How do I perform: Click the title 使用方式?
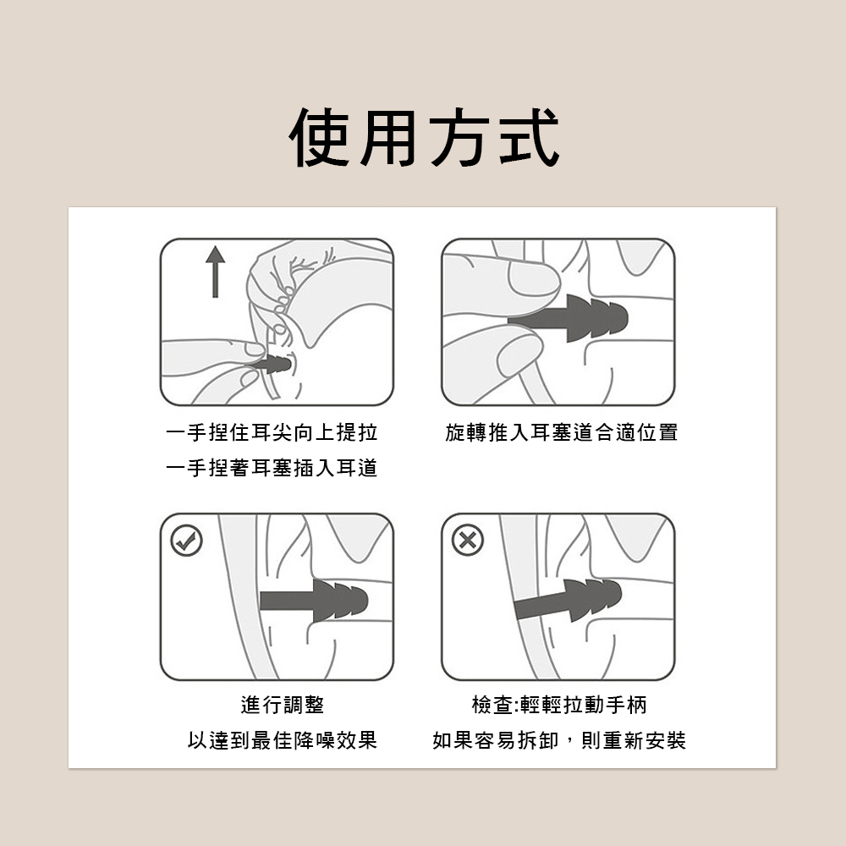click(424, 138)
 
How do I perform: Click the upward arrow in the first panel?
click(215, 272)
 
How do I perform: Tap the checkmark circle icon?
click(187, 540)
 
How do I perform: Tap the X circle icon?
click(467, 540)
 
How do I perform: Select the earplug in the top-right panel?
click(568, 318)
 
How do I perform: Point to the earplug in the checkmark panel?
click(314, 601)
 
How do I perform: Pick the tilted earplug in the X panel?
click(568, 599)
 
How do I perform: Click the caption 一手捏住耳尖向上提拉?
click(272, 432)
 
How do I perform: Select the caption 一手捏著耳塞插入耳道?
click(272, 468)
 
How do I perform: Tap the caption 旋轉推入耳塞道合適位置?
click(561, 432)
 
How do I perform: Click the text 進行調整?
click(283, 705)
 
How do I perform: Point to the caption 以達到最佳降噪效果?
click(283, 740)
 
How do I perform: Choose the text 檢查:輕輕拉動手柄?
click(559, 705)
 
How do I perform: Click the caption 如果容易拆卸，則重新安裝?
click(559, 740)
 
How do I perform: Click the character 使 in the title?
click(320, 138)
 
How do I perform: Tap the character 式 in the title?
click(530, 138)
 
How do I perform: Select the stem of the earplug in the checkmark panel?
click(287, 601)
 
